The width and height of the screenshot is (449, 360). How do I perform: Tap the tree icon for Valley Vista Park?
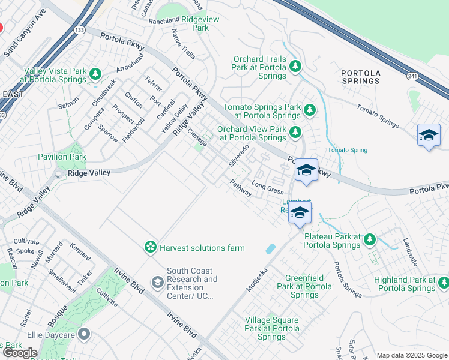click(95, 74)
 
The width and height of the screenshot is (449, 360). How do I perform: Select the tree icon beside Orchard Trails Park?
click(295, 67)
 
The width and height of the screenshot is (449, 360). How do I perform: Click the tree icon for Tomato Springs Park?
click(309, 110)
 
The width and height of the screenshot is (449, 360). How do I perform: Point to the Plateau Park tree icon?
click(369, 239)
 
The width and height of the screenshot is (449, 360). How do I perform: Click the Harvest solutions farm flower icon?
click(150, 247)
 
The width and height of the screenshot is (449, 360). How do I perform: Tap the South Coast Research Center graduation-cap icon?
click(157, 282)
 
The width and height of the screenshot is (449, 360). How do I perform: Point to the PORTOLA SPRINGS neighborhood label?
click(360, 77)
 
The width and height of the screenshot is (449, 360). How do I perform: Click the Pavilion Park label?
click(62, 157)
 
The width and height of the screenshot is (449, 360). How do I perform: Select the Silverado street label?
click(238, 155)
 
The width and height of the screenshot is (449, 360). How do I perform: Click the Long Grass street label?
click(267, 187)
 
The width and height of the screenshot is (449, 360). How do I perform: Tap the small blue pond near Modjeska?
click(270, 248)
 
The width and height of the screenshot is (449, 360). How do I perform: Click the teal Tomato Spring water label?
click(347, 150)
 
